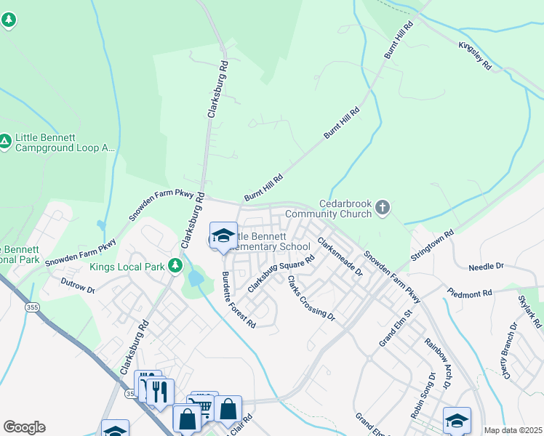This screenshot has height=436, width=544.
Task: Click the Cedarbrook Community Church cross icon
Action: tap(383, 209)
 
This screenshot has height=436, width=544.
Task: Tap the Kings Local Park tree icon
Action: tap(175, 266)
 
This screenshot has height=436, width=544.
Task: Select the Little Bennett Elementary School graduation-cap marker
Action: tap(223, 236)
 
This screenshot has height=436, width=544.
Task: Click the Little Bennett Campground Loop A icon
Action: tap(6, 142)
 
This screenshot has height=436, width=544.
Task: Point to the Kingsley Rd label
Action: tap(475, 55)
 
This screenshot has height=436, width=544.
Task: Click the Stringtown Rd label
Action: tap(432, 246)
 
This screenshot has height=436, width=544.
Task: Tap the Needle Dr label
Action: tap(486, 267)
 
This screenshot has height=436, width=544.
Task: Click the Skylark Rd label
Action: tap(530, 311)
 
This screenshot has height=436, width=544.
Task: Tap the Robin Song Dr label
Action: tap(422, 395)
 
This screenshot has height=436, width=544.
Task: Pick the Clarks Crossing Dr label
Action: tap(311, 298)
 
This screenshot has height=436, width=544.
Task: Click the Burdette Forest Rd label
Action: tap(239, 298)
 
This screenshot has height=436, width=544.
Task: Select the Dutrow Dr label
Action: tap(78, 285)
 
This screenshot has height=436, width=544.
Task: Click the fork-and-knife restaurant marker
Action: tap(160, 392)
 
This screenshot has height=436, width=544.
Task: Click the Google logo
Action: tap(24, 427)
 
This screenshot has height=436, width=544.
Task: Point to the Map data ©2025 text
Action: tap(513, 430)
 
